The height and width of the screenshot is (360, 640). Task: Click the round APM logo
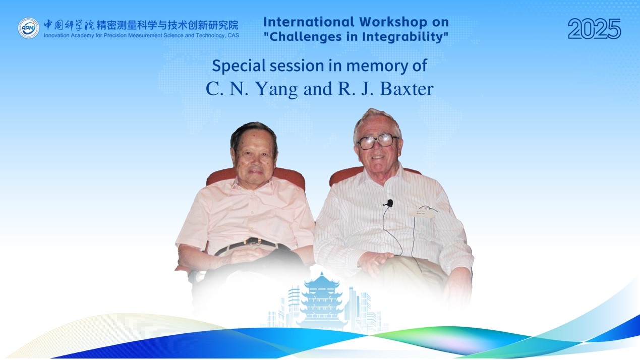(x=29, y=28)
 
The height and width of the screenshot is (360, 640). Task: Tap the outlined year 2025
(x=594, y=29)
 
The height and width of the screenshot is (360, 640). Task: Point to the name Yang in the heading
(x=276, y=89)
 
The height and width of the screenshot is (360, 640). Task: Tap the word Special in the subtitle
(x=239, y=66)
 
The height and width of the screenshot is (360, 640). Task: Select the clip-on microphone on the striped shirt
(x=388, y=203)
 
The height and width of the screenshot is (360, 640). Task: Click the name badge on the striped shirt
(x=422, y=213)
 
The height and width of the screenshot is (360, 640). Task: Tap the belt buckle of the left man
(x=253, y=242)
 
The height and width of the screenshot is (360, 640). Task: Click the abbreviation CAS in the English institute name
(x=234, y=36)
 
